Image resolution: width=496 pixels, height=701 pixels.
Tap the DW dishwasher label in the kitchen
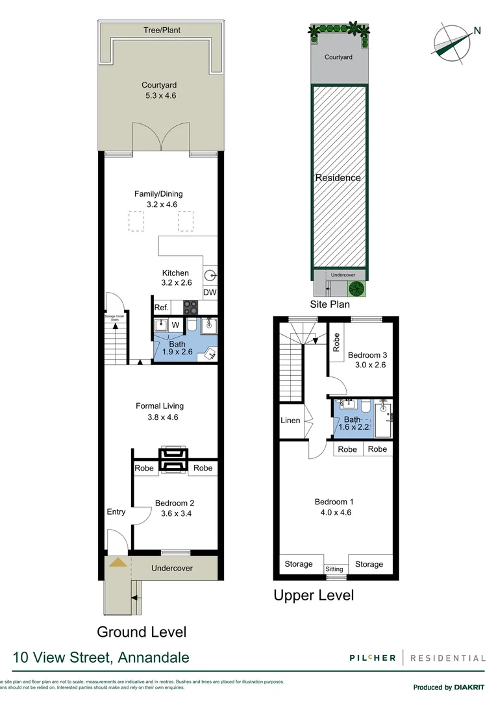(x=210, y=293)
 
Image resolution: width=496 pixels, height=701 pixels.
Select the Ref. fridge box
(x=161, y=308)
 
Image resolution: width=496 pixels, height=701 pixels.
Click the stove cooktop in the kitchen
(x=192, y=308)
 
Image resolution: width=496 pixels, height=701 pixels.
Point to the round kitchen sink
(x=211, y=275)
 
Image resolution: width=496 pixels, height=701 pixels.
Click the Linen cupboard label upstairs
(x=290, y=421)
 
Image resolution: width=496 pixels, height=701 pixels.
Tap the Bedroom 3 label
(x=367, y=355)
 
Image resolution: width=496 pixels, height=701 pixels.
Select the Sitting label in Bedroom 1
(x=334, y=569)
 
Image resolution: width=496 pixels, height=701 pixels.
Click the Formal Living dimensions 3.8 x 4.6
(x=160, y=417)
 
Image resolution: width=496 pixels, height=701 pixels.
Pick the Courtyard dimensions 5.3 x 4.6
(x=160, y=95)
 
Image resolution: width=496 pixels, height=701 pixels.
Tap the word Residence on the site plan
(x=338, y=178)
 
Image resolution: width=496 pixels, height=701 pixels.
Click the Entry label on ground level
(x=116, y=512)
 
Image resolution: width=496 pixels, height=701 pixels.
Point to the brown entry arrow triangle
(x=118, y=562)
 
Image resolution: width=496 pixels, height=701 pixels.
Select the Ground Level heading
(x=142, y=632)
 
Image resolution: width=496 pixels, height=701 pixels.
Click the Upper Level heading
(x=314, y=595)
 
